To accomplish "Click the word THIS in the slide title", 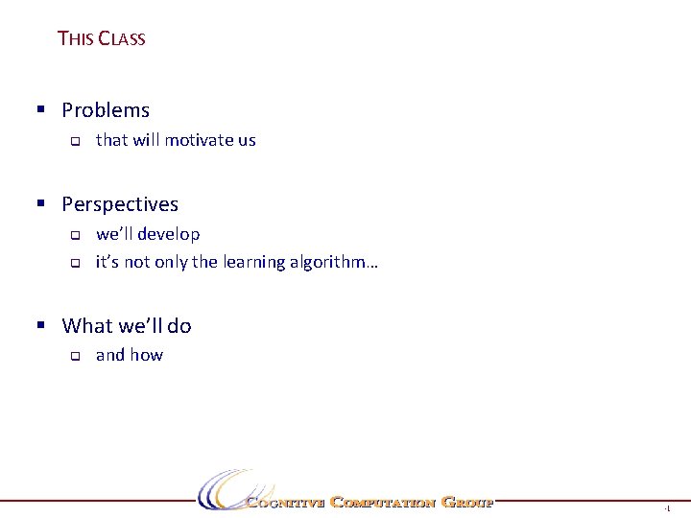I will (x=75, y=38).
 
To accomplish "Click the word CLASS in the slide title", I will (x=122, y=38).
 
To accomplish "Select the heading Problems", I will (x=106, y=110).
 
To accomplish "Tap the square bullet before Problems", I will (x=41, y=108).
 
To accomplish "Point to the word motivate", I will (x=199, y=140).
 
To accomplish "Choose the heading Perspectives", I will (x=120, y=204).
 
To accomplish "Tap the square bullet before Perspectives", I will (x=41, y=202).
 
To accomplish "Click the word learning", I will (x=254, y=262).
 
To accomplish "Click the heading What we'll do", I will (x=127, y=326).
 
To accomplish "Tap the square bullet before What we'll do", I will (x=41, y=324).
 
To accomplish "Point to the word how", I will (x=147, y=355).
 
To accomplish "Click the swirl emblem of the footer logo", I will (x=223, y=489).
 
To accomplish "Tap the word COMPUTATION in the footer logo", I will (x=383, y=502).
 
